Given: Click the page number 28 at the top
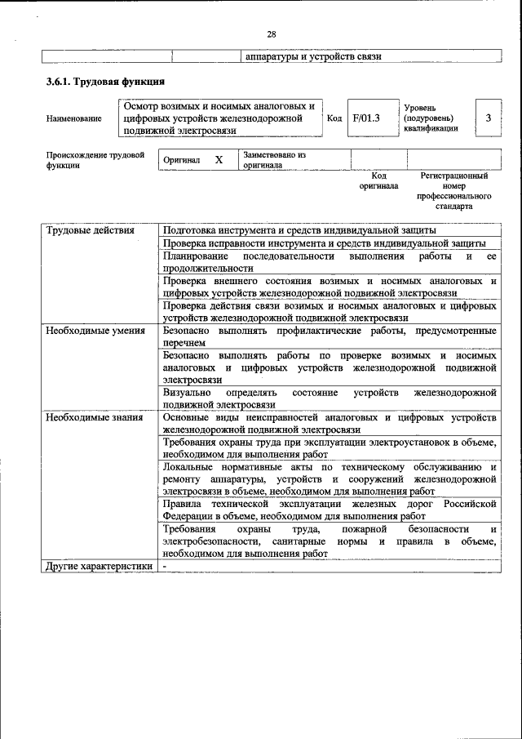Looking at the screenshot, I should pyautogui.click(x=272, y=33).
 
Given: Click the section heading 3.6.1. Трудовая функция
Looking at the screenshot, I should pyautogui.click(x=106, y=82).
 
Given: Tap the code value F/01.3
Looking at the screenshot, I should pyautogui.click(x=366, y=118).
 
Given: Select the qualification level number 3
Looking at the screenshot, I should pyautogui.click(x=488, y=118).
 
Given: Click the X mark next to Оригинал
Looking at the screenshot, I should pyautogui.click(x=219, y=160).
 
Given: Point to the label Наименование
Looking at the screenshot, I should pyautogui.click(x=74, y=118).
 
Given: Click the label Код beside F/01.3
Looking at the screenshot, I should pyautogui.click(x=334, y=118).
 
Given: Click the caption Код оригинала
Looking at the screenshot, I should pyautogui.click(x=378, y=180).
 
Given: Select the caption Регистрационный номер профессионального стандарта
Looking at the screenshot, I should pyautogui.click(x=454, y=191).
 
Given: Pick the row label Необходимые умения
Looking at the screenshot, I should pyautogui.click(x=95, y=331).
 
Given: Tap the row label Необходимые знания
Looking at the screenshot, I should pyautogui.click(x=95, y=417).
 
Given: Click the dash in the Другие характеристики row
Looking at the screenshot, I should pyautogui.click(x=165, y=565).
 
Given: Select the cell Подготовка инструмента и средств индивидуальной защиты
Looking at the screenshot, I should pyautogui.click(x=299, y=230).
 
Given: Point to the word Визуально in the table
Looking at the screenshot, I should pyautogui.click(x=188, y=393).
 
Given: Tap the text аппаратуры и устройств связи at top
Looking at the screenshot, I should pyautogui.click(x=313, y=56).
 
